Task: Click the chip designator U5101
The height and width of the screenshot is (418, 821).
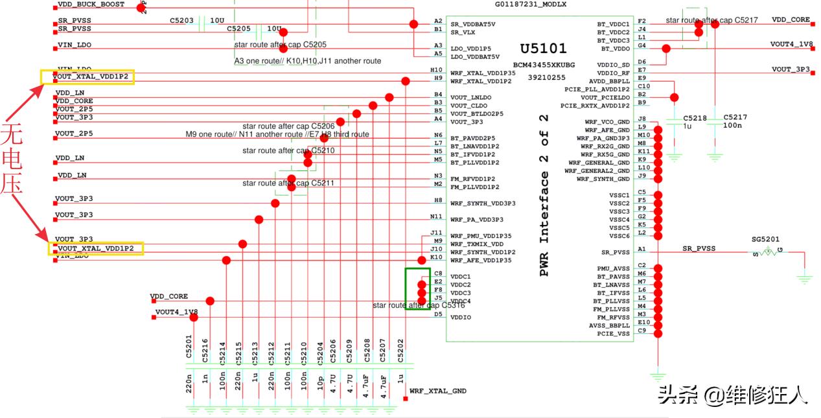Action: pos(543,49)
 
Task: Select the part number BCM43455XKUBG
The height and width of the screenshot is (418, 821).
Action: pos(543,65)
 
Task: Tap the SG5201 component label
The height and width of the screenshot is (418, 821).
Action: pos(765,239)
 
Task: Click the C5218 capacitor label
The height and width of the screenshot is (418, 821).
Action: pos(695,118)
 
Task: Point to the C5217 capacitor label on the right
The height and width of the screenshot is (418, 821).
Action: pos(735,117)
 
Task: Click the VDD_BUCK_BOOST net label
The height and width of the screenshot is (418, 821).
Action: pos(91,5)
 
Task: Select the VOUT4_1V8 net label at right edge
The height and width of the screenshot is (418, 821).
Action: pos(791,45)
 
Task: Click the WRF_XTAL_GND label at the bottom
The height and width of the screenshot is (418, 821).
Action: pos(438,391)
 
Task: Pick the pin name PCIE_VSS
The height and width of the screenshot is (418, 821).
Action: pos(614,334)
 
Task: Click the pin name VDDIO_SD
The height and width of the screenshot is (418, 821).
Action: pos(612,65)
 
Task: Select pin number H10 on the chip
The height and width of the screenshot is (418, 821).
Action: pos(436,70)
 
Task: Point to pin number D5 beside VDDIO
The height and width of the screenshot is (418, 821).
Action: pos(439,314)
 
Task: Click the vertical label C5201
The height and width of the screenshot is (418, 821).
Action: pos(189,347)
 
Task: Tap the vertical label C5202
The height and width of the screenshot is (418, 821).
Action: pos(400,347)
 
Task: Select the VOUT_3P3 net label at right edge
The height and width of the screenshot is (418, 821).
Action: pos(791,69)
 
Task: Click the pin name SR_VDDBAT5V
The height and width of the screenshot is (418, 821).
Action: pos(473,24)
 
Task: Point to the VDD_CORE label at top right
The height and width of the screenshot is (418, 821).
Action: pos(791,20)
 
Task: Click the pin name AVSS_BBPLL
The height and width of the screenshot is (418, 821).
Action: pos(609,325)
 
